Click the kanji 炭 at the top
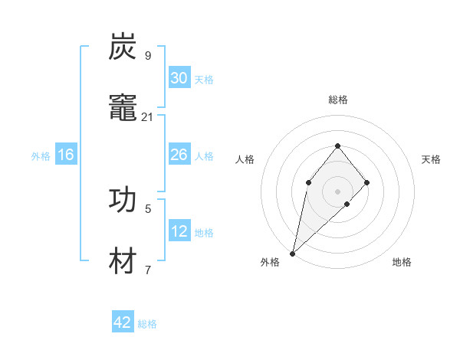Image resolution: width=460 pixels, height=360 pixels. pyautogui.click(x=123, y=47)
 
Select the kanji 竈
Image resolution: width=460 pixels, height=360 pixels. pyautogui.click(x=123, y=108)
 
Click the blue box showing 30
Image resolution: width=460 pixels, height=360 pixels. pyautogui.click(x=179, y=78)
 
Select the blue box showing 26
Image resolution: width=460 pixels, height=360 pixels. pyautogui.click(x=179, y=155)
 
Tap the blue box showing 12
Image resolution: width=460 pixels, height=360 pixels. pyautogui.click(x=179, y=231)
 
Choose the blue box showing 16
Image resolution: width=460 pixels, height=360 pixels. pyautogui.click(x=66, y=155)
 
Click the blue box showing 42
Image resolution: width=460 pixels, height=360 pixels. pyautogui.click(x=123, y=322)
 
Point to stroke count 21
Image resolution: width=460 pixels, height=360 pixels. pyautogui.click(x=148, y=117)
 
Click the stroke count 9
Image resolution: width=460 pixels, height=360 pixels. pyautogui.click(x=148, y=56)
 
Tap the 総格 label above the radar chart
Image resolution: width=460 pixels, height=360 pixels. pyautogui.click(x=338, y=100)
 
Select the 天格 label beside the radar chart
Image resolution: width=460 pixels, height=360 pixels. pyautogui.click(x=431, y=159)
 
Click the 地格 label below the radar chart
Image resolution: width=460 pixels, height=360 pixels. pyautogui.click(x=402, y=262)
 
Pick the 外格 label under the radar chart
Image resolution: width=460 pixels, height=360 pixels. pyautogui.click(x=270, y=262)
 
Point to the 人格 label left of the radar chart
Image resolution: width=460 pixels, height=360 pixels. pyautogui.click(x=245, y=159)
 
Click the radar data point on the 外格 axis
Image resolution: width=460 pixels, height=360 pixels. pyautogui.click(x=292, y=254)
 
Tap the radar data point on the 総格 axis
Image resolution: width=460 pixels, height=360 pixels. pyautogui.click(x=338, y=146)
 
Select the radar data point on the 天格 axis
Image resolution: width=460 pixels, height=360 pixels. pyautogui.click(x=367, y=182)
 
